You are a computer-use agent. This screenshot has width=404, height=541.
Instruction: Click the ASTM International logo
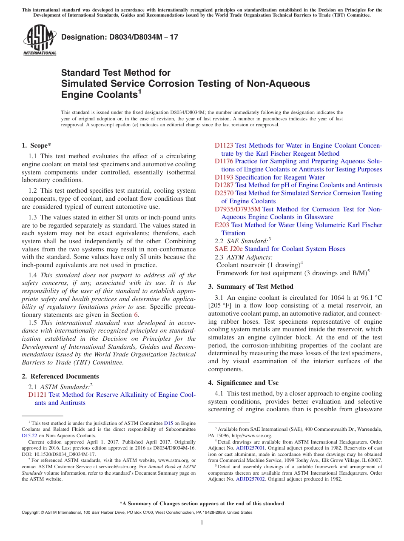[x=40, y=40]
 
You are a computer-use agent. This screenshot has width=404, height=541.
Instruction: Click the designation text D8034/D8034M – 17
[x=119, y=37]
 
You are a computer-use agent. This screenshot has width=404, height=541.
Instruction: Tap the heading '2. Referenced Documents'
[x=60, y=376]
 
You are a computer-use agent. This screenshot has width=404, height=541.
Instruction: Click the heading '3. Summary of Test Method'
[x=250, y=287]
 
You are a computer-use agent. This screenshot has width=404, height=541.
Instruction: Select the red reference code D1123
[x=224, y=145]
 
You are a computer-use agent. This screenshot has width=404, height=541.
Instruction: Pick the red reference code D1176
[x=224, y=161]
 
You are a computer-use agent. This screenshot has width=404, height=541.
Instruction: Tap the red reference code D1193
[x=224, y=177]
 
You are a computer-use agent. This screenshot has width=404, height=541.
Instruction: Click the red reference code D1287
[x=224, y=185]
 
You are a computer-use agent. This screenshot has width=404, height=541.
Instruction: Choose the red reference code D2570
[x=224, y=193]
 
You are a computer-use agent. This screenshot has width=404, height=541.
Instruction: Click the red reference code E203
[x=222, y=225]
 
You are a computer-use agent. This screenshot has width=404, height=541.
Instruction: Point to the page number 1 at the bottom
[x=202, y=522]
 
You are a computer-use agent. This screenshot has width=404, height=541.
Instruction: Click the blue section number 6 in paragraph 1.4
[x=136, y=315]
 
